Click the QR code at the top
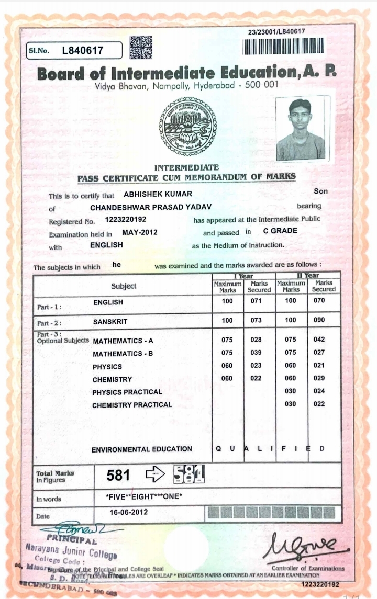(141, 47)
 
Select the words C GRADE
(280, 231)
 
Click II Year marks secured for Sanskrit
(319, 320)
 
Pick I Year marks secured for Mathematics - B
(256, 353)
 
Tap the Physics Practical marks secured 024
(319, 391)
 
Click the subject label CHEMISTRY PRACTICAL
(132, 405)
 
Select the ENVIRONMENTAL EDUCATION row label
(141, 449)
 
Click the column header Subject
(124, 286)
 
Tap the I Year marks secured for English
(256, 301)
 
